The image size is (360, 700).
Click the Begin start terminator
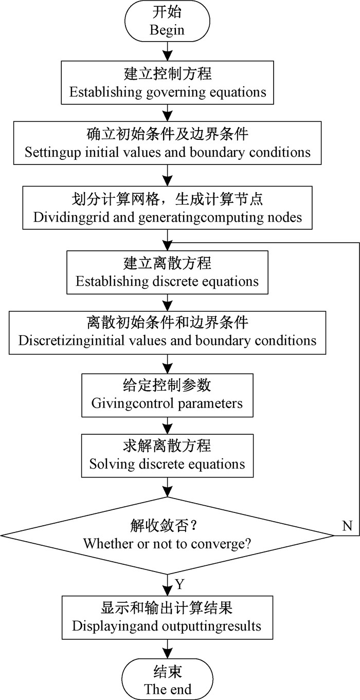pyautogui.click(x=167, y=22)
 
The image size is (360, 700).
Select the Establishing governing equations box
pyautogui.click(x=168, y=83)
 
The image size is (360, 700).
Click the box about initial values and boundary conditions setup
pyautogui.click(x=168, y=143)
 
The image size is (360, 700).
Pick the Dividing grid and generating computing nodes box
pyautogui.click(x=168, y=208)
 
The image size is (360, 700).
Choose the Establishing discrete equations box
pyautogui.click(x=168, y=272)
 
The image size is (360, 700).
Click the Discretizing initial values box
pyautogui.click(x=168, y=332)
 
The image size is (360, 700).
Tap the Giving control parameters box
pyautogui.click(x=167, y=395)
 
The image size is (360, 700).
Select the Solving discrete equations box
pyautogui.click(x=167, y=455)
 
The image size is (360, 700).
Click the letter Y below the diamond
pyautogui.click(x=179, y=584)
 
